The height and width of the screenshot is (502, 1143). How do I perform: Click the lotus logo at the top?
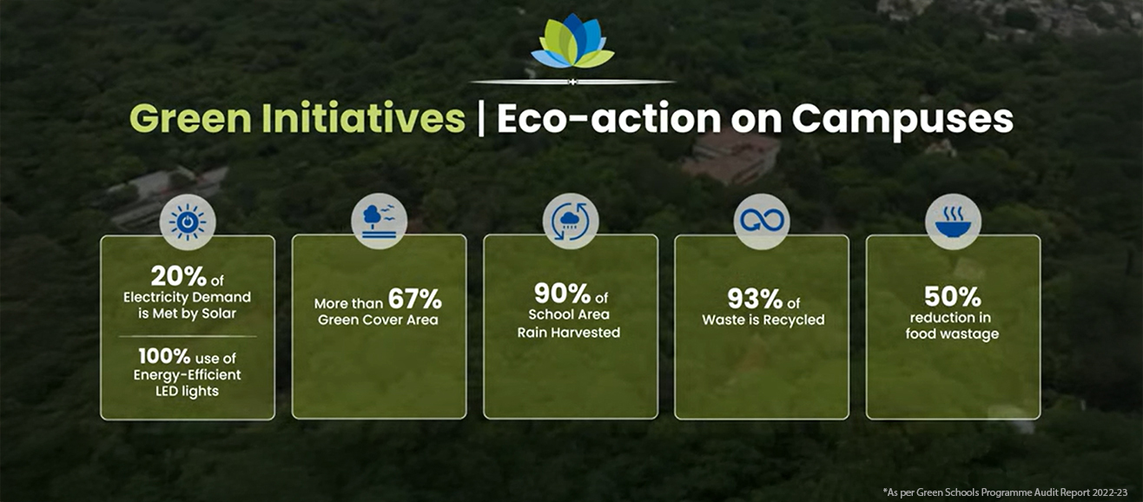coord(572,42)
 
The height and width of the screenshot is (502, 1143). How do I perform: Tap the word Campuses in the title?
coord(902,119)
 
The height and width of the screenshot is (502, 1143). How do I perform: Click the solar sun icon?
coord(188,222)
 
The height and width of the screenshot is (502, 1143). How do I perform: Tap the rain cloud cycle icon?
coord(571,221)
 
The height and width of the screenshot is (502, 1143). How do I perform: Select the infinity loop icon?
coord(761,221)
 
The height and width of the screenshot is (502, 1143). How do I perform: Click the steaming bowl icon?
coord(953,221)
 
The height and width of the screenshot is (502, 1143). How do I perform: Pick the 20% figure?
coord(178,276)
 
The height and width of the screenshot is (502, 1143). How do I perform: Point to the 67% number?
coord(414,301)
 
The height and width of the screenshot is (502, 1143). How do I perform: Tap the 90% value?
coord(560,293)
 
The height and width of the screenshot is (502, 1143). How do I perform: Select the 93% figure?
coord(755,300)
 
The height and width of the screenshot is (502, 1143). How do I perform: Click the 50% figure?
coord(952,297)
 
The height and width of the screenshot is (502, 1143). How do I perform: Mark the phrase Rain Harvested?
coord(569,332)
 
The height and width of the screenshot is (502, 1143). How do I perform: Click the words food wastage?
coord(952,334)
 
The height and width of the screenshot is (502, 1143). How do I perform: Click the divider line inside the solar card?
coord(188,336)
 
